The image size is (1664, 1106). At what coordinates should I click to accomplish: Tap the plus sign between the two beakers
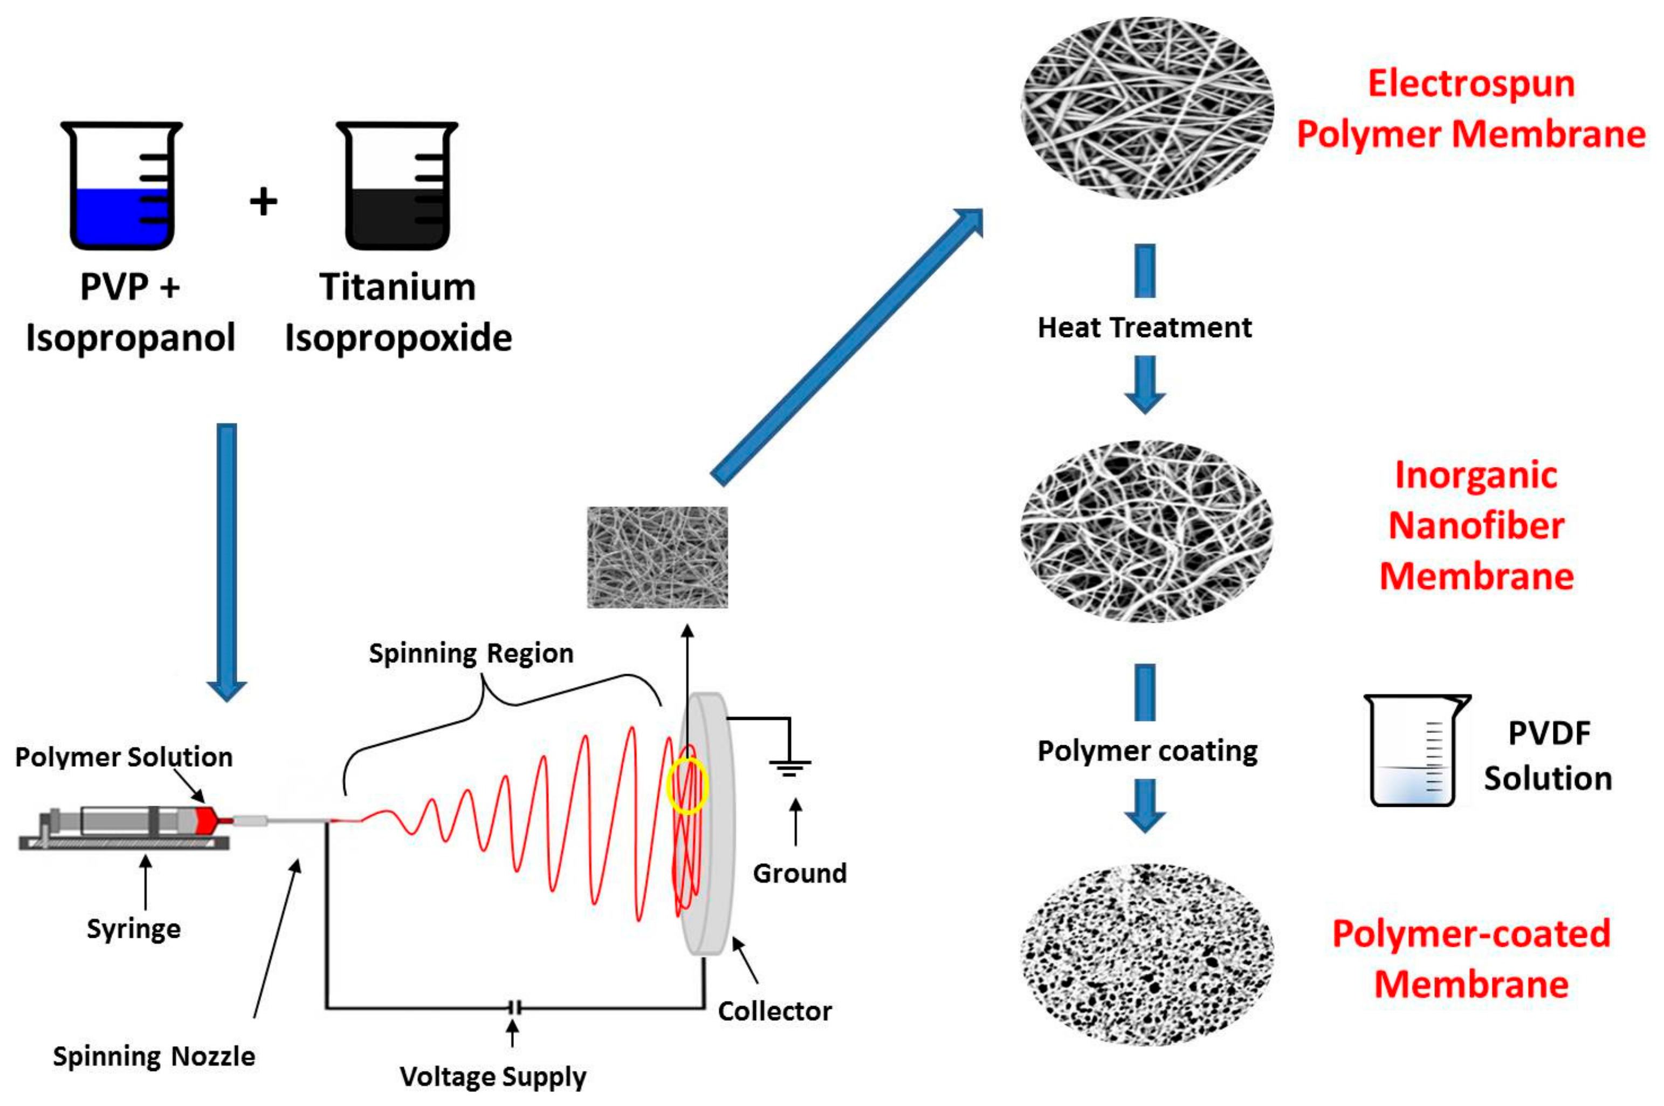point(263,202)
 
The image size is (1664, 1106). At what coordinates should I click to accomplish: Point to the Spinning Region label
point(471,653)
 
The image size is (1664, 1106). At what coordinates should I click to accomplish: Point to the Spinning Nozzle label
point(154,1056)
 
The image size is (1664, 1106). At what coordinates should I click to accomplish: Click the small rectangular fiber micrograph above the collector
point(657,557)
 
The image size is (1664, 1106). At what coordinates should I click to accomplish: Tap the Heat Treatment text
point(1144,328)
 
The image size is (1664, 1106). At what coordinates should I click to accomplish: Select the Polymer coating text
point(1147,751)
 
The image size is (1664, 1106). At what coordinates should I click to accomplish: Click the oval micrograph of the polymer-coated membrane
point(1147,953)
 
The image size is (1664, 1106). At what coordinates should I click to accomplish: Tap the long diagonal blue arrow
point(846,346)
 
